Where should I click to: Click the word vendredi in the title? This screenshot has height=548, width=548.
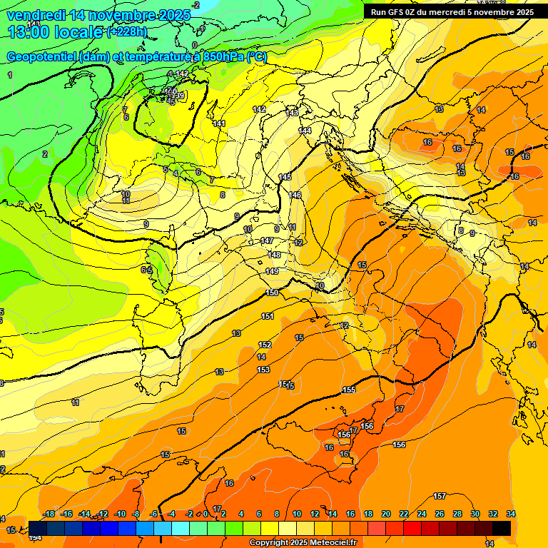(31, 15)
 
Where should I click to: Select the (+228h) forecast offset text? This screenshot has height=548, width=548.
(127, 32)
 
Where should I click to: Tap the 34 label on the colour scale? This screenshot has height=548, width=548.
(511, 514)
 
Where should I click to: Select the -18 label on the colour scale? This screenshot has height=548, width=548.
(49, 514)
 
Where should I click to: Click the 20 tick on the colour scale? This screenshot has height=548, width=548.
(386, 514)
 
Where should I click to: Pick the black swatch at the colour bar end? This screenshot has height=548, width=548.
(502, 528)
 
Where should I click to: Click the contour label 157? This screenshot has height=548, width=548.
(440, 496)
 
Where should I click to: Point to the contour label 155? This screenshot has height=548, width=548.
(349, 390)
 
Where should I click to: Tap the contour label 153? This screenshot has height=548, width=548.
(263, 370)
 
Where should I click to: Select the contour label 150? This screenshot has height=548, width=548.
(272, 293)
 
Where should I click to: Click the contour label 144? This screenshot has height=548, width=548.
(305, 131)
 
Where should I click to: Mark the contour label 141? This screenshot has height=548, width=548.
(219, 123)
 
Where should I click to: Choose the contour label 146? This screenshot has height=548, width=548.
(295, 195)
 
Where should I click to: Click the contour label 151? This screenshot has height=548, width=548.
(268, 316)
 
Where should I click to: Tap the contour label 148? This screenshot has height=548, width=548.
(274, 255)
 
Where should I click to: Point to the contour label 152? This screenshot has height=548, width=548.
(264, 345)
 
